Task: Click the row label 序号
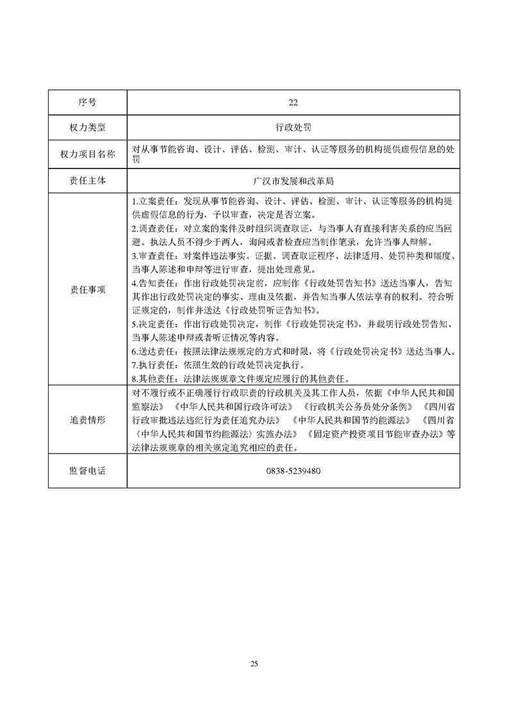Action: (87, 102)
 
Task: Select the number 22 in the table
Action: (293, 102)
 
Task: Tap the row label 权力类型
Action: (87, 128)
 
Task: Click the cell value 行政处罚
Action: (293, 128)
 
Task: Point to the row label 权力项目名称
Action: (87, 154)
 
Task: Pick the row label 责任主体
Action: (87, 181)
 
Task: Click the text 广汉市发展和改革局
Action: (293, 181)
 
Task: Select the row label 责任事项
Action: (87, 289)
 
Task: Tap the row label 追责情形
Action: (87, 420)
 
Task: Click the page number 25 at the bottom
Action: (254, 664)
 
